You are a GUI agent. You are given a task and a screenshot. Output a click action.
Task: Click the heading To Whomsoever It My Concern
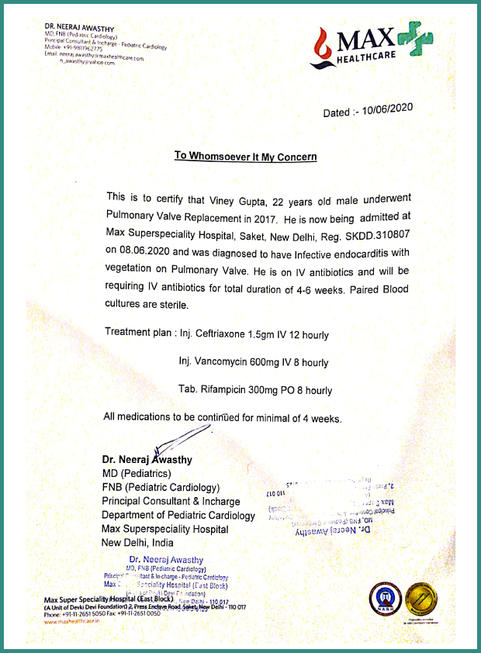tap(245, 156)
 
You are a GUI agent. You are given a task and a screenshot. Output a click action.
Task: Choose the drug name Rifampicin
tap(232, 390)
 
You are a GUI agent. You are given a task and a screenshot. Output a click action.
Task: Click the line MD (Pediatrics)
tap(137, 473)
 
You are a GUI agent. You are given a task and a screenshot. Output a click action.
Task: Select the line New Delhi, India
tap(138, 542)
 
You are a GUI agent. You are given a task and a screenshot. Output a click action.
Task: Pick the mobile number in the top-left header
tap(74, 48)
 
